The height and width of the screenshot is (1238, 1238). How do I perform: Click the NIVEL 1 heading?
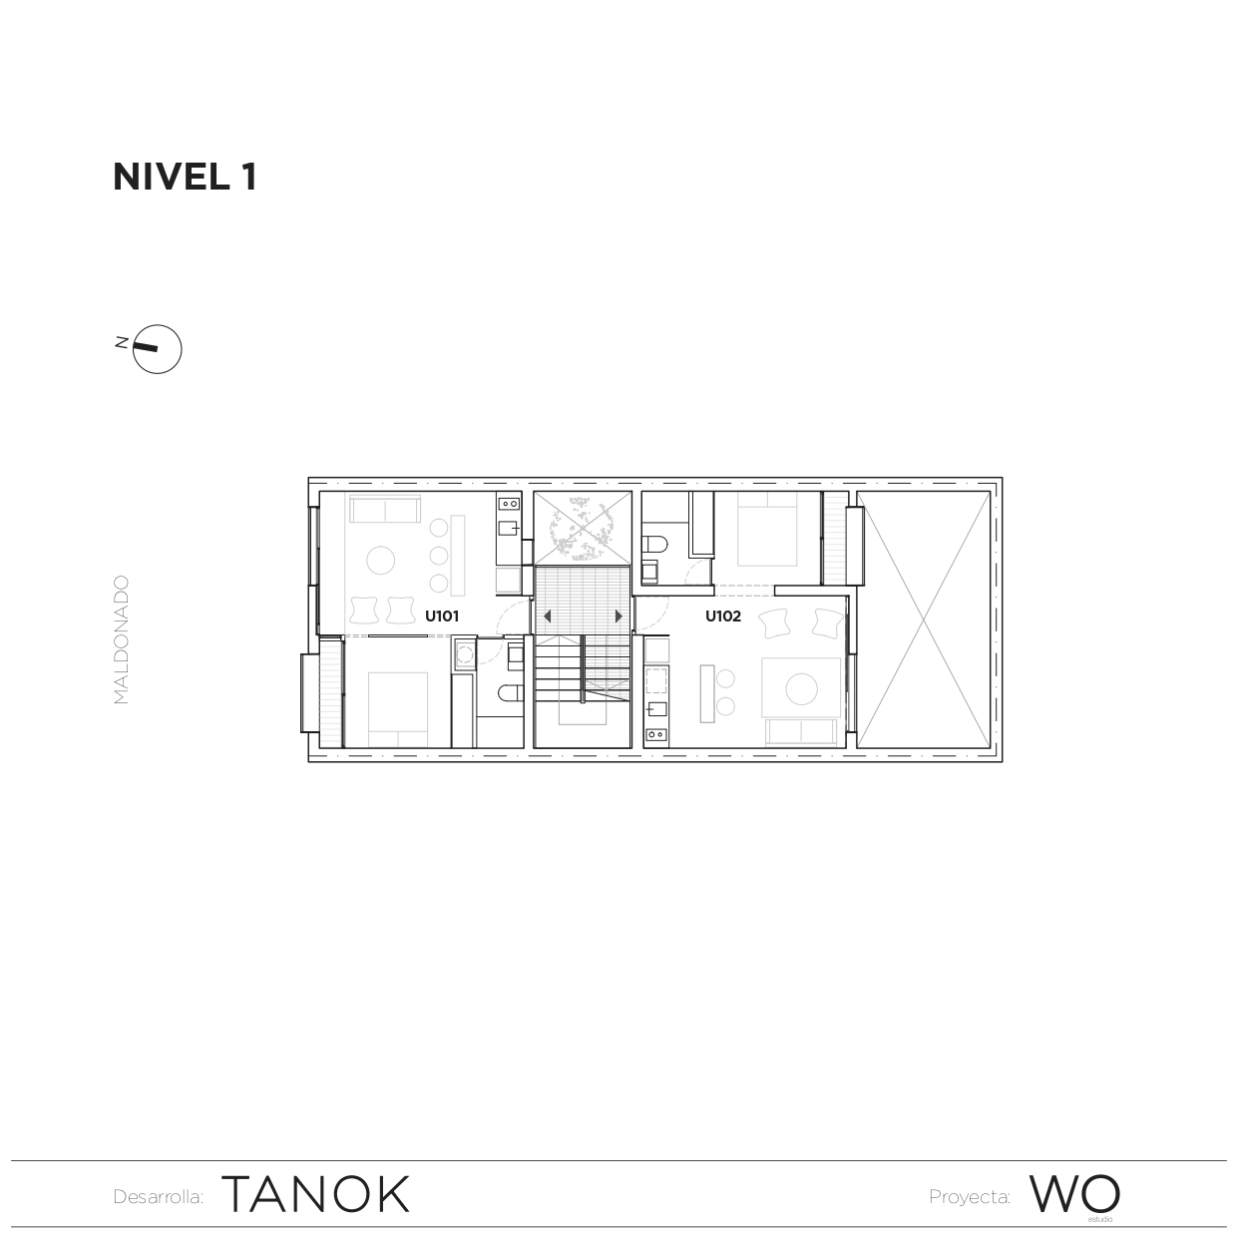point(186,177)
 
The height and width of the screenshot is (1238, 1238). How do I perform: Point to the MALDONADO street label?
point(122,639)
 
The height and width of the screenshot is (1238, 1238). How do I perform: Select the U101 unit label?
point(442,617)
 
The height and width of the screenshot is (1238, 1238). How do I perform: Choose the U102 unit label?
point(723,617)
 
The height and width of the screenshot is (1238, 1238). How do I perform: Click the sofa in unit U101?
point(383,511)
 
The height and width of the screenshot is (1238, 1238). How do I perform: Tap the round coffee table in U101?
point(381,561)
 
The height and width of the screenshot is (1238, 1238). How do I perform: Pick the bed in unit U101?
point(398,709)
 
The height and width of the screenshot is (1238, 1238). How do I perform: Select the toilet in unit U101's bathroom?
point(509,694)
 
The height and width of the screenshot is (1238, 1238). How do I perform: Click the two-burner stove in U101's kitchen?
point(509,505)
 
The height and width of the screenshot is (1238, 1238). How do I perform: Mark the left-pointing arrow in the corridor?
point(547,617)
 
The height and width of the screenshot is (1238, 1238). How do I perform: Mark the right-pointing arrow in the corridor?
point(619,617)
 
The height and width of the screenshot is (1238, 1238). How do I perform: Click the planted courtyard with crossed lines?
point(582,528)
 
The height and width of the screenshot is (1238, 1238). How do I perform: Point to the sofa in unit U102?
point(801,733)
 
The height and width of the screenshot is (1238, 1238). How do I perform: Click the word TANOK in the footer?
point(315,1194)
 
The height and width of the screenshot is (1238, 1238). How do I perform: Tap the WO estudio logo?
point(1074,1194)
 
